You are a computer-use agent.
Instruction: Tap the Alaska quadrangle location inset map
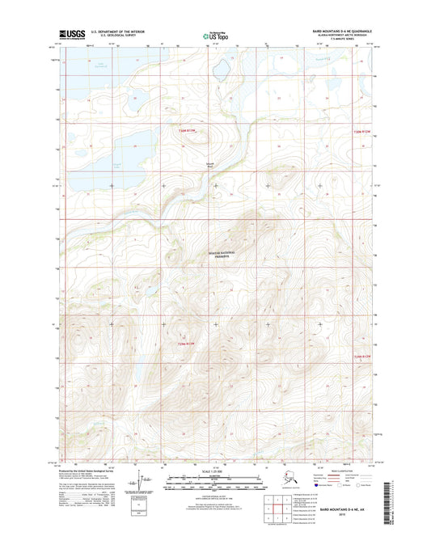(275, 480)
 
